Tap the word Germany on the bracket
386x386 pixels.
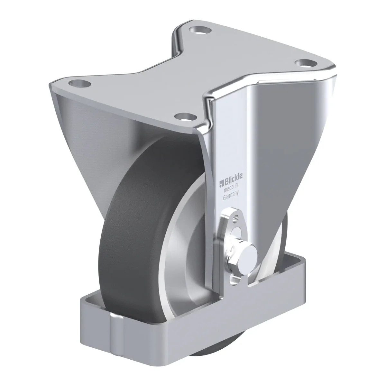(231, 196)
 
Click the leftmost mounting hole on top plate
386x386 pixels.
(79, 84)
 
